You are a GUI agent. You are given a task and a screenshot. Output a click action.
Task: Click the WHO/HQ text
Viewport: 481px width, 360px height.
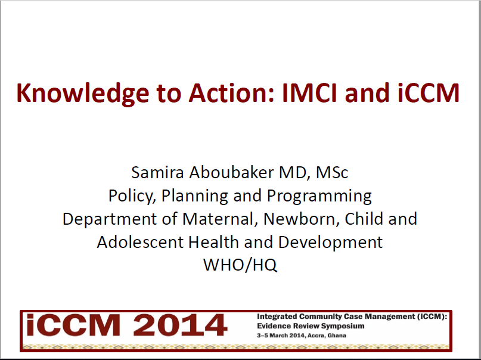click(x=240, y=265)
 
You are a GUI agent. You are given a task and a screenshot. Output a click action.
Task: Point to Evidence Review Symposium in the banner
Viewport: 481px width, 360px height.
click(x=310, y=326)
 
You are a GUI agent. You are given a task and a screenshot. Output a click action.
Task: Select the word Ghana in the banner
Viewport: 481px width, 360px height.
click(x=337, y=335)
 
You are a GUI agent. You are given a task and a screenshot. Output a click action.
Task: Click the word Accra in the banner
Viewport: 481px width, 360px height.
click(x=315, y=335)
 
